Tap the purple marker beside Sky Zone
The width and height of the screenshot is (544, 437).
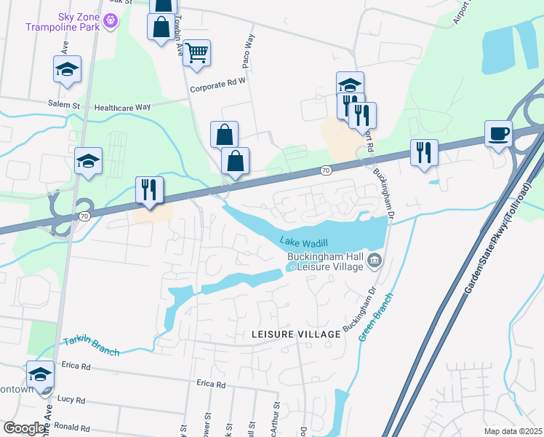click(111, 21)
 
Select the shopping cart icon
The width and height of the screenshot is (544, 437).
click(196, 52)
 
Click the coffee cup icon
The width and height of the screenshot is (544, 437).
click(498, 134)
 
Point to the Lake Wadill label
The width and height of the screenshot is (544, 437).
click(303, 241)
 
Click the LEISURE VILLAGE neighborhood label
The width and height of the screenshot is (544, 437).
click(295, 334)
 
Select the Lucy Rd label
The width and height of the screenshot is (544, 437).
click(71, 400)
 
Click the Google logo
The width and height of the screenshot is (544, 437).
click(24, 428)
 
